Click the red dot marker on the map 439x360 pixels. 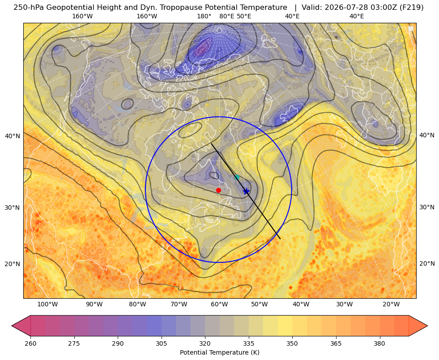click(x=219, y=190)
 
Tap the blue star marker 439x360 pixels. click(x=246, y=191)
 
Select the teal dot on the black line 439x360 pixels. click(x=237, y=177)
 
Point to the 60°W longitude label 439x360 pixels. click(x=219, y=304)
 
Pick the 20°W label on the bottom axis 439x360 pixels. click(x=391, y=304)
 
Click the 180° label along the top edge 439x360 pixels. click(x=204, y=16)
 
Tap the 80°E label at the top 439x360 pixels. click(x=227, y=16)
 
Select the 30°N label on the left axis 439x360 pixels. click(x=13, y=208)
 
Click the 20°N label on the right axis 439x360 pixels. click(x=427, y=263)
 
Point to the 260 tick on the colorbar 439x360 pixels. click(x=30, y=343)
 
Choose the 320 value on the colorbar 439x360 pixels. click(x=205, y=343)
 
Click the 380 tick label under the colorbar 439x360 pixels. click(x=379, y=343)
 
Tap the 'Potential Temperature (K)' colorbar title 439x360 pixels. click(x=219, y=352)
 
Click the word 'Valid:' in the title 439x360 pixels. click(x=312, y=8)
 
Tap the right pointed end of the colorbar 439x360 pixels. click(x=427, y=326)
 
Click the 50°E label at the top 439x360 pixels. click(x=244, y=16)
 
